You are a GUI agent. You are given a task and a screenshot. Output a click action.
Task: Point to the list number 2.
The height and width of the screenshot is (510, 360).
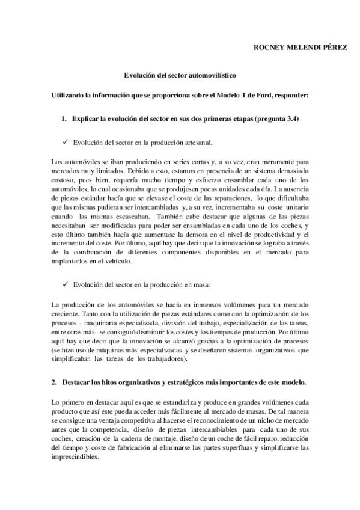point(54,383)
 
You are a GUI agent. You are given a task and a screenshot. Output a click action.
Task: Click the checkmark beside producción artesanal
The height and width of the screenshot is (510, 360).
point(64,143)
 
